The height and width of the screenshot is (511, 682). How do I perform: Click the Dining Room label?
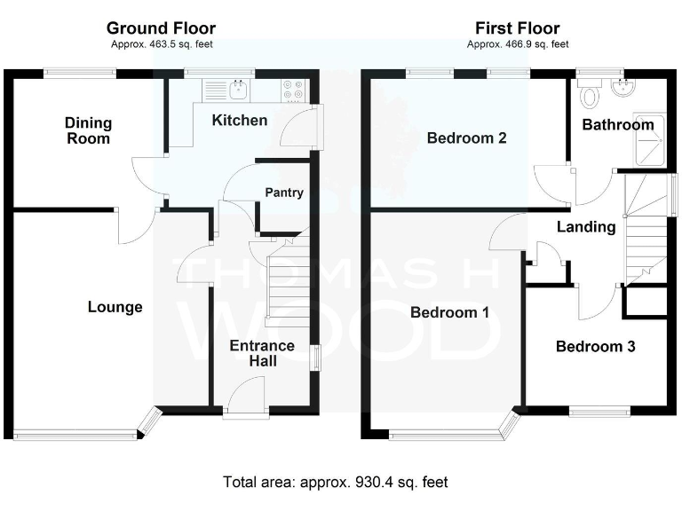(x=88, y=130)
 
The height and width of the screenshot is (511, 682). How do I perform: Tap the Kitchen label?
(x=239, y=120)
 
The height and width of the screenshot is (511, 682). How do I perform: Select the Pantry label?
(x=285, y=193)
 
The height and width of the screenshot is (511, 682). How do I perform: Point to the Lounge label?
(x=115, y=307)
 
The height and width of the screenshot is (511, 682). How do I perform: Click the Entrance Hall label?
(x=263, y=353)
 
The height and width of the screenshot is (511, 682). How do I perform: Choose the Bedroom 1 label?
(x=449, y=312)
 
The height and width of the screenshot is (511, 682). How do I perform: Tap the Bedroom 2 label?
(x=466, y=138)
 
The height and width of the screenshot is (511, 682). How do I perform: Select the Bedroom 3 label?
(x=595, y=347)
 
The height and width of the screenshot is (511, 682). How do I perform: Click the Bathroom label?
(x=617, y=125)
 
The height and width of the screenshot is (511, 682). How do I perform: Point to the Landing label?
(x=586, y=227)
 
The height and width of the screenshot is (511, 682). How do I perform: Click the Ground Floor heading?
(x=161, y=28)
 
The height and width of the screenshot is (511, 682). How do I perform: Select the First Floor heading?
(x=518, y=28)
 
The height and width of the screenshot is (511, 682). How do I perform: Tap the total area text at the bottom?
(x=336, y=482)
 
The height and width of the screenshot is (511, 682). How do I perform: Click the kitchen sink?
(x=237, y=89)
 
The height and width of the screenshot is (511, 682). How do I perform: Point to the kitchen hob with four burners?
(x=294, y=89)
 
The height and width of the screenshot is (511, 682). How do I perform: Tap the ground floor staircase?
(x=284, y=279)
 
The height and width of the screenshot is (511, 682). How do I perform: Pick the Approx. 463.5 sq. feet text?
(x=161, y=44)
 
